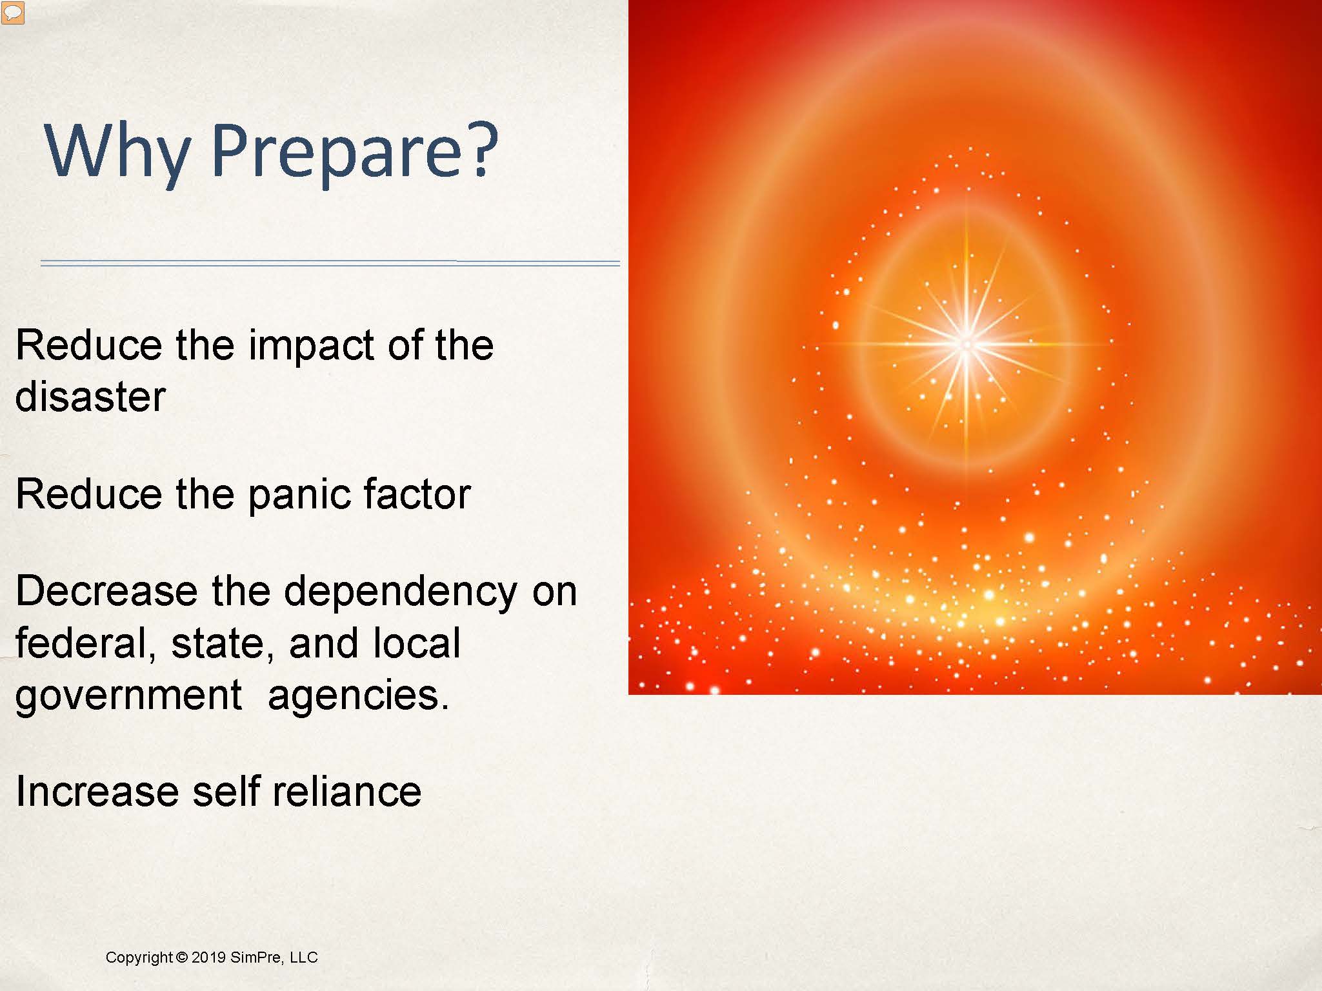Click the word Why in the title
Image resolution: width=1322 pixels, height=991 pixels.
click(x=117, y=152)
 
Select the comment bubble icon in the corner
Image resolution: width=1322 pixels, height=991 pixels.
click(x=13, y=12)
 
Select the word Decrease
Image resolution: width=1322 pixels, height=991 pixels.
click(x=106, y=591)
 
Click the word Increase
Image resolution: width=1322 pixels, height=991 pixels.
click(x=97, y=792)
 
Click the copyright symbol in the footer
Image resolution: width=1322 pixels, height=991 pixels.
click(x=181, y=957)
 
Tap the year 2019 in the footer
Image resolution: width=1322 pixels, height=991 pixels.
click(x=208, y=957)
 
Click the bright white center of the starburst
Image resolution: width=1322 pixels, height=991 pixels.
click(x=966, y=344)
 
